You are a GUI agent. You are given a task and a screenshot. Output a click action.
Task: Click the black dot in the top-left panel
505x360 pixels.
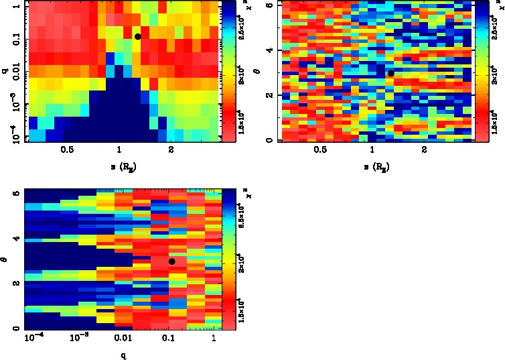pyautogui.click(x=137, y=37)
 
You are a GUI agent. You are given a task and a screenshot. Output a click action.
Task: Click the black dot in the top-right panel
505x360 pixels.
pyautogui.click(x=390, y=73)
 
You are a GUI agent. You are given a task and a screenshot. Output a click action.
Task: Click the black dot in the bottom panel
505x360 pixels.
pyautogui.click(x=171, y=261)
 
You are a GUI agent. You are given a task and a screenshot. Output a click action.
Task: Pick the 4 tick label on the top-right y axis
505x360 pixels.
pyautogui.click(x=267, y=50)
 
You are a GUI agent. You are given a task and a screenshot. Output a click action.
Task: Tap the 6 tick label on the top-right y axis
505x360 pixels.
pyautogui.click(x=267, y=5)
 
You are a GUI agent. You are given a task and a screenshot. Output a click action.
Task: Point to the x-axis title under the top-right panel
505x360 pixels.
pyautogui.click(x=374, y=166)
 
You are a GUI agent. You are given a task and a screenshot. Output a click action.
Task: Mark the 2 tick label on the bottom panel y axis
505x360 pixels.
pyautogui.click(x=15, y=284)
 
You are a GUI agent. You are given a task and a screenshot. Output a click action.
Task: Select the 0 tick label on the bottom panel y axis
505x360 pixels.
pyautogui.click(x=15, y=328)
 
